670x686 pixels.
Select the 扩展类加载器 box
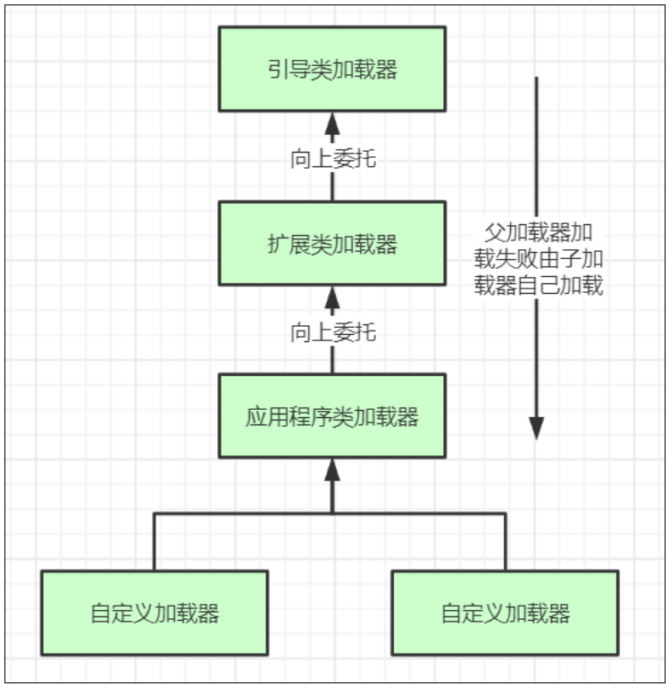coord(331,243)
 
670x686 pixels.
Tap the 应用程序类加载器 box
coord(331,416)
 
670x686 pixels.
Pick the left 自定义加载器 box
coord(155,614)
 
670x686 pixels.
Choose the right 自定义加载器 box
coord(505,614)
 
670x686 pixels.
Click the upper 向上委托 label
coord(332,160)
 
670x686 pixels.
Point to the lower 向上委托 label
coord(332,333)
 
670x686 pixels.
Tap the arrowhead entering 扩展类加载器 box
coord(332,297)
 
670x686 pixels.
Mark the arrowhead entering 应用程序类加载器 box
coord(332,470)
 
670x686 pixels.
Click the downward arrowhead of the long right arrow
coord(536,428)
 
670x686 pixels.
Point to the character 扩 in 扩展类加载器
coord(277,244)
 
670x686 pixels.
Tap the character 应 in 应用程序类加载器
coord(255,417)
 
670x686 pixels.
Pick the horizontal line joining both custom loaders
coord(241,514)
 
